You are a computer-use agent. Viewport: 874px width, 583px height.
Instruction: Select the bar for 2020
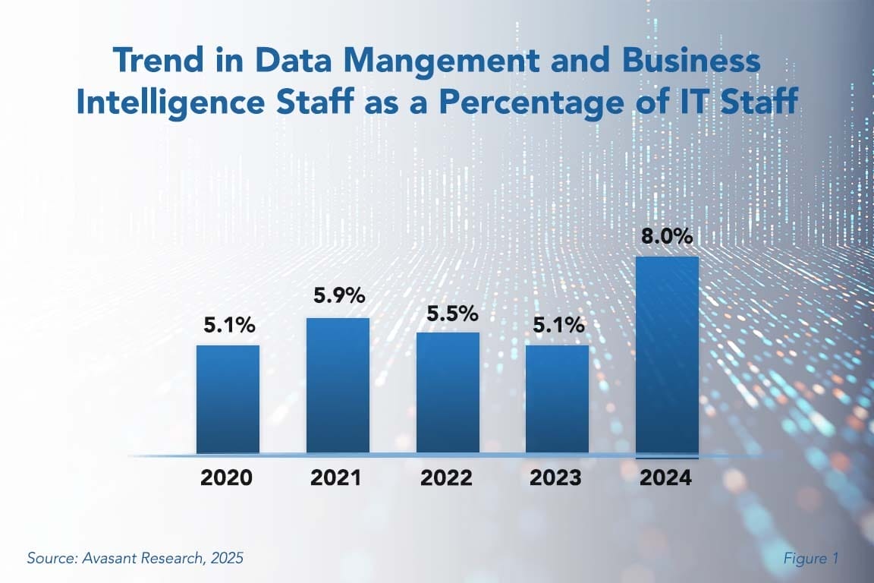228,399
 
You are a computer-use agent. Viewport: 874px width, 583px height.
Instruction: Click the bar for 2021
338,386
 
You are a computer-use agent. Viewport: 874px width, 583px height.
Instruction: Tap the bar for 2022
448,392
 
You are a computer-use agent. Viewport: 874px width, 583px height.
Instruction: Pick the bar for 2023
557,399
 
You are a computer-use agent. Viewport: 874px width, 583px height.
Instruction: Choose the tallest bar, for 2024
667,355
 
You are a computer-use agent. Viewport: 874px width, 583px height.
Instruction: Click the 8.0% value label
667,237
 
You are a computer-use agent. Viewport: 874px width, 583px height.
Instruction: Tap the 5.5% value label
448,313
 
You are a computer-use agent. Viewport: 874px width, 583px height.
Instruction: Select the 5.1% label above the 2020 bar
228,326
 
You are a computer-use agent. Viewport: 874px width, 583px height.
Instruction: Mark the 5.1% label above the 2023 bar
557,326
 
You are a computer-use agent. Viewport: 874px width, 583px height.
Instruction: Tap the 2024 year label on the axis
667,478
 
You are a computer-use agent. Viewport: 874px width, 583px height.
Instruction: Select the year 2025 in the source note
228,558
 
